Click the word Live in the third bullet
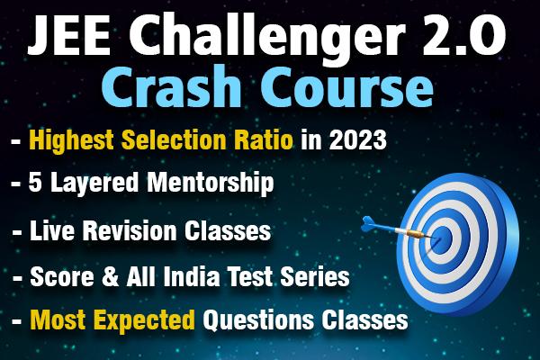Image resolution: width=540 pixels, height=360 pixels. click(51, 231)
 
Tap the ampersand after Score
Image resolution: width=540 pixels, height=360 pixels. click(104, 275)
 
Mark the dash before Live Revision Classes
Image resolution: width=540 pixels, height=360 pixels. click(16, 232)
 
